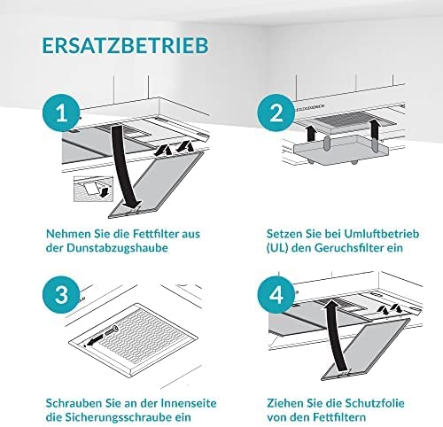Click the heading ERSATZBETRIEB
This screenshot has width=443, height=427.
coord(126,45)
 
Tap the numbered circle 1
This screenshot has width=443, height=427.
coord(61,113)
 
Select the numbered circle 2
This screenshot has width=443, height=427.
coord(276,113)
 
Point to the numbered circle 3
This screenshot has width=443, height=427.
coord(61,294)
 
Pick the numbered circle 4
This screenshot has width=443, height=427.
coord(276,294)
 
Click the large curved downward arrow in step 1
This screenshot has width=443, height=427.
coord(121,166)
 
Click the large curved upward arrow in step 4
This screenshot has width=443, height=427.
coord(335,334)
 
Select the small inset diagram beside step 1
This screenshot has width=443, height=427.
coord(93,190)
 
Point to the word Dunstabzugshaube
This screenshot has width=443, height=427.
coord(117,248)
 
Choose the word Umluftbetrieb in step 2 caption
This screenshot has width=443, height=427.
coord(382,234)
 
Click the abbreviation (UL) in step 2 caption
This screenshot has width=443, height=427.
coord(277,248)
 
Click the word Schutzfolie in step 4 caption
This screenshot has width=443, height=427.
coord(375,403)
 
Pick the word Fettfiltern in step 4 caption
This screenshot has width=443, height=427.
coord(339,417)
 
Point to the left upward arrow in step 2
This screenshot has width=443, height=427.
coord(310,133)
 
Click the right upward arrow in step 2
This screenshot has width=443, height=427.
coord(375,128)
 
